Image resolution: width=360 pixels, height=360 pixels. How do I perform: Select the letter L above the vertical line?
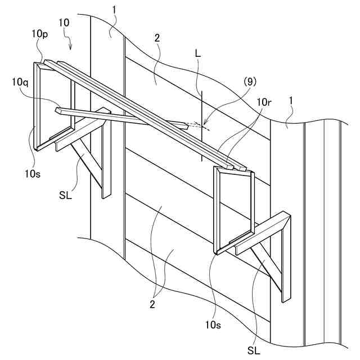coord(197,53)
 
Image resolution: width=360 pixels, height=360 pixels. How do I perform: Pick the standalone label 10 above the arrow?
coord(64,22)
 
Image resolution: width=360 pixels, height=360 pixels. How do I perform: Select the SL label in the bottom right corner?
coord(254,350)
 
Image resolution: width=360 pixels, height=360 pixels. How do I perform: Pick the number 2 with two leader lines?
coord(152,304)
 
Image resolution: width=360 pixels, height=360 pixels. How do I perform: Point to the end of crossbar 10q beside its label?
coord(58,111)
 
